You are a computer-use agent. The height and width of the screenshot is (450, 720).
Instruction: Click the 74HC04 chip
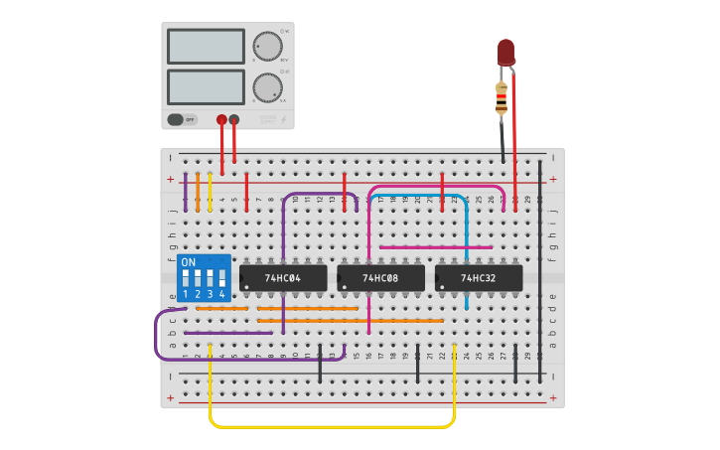click(283, 278)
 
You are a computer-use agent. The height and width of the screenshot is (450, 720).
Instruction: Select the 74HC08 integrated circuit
click(380, 278)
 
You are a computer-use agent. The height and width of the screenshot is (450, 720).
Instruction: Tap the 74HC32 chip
click(479, 278)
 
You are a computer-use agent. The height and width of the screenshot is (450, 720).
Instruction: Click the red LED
click(505, 53)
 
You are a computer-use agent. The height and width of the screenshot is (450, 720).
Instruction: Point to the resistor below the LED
click(502, 97)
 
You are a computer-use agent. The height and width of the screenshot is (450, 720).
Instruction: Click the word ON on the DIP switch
click(189, 262)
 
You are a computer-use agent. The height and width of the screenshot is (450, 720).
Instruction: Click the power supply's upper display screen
click(206, 47)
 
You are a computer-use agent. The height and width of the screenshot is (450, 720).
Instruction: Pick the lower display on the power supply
click(206, 86)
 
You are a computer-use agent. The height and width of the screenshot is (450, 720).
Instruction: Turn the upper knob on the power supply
click(266, 47)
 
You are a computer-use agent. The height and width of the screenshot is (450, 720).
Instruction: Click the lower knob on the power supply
click(266, 87)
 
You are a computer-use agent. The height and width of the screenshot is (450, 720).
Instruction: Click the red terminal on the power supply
click(221, 119)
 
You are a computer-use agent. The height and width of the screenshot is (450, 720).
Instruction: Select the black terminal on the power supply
click(234, 119)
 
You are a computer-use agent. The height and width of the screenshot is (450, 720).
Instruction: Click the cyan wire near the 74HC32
click(466, 248)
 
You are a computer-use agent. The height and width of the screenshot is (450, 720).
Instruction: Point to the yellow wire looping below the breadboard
click(333, 426)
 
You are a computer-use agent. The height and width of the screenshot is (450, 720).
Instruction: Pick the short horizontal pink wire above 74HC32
click(436, 247)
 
